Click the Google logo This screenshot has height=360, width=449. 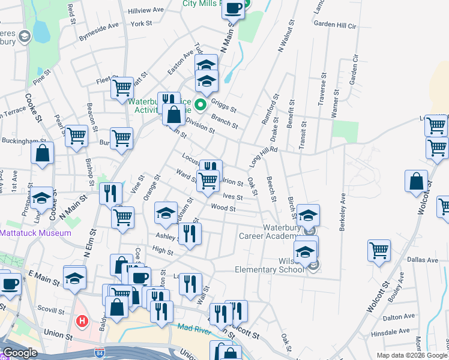tap(20, 353)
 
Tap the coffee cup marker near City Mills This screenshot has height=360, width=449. tap(234, 8)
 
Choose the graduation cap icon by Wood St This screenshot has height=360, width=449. tap(166, 212)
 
